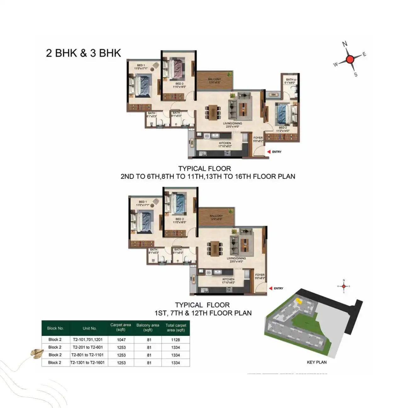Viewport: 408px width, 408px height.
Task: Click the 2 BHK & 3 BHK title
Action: (83, 53)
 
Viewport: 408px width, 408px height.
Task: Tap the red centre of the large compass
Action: (350, 59)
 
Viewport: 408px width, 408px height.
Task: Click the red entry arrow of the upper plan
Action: (269, 152)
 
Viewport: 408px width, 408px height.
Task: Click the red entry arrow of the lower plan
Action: (270, 288)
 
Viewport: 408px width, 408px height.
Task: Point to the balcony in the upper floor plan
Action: (215, 81)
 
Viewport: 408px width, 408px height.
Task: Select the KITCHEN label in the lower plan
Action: (228, 279)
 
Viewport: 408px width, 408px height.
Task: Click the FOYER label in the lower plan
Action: (260, 275)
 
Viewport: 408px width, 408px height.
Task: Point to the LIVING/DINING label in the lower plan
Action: (236, 258)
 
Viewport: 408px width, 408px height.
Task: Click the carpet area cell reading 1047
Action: (121, 340)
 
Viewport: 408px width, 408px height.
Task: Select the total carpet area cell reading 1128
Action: (176, 340)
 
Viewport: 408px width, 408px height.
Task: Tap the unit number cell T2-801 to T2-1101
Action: (87, 355)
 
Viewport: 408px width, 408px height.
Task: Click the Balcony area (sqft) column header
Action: (148, 327)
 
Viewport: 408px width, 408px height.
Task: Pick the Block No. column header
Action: (55, 328)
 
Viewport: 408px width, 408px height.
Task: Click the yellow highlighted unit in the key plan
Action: (299, 301)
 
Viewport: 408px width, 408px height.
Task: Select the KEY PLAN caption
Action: (317, 362)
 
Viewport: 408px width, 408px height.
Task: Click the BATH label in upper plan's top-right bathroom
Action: (290, 80)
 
